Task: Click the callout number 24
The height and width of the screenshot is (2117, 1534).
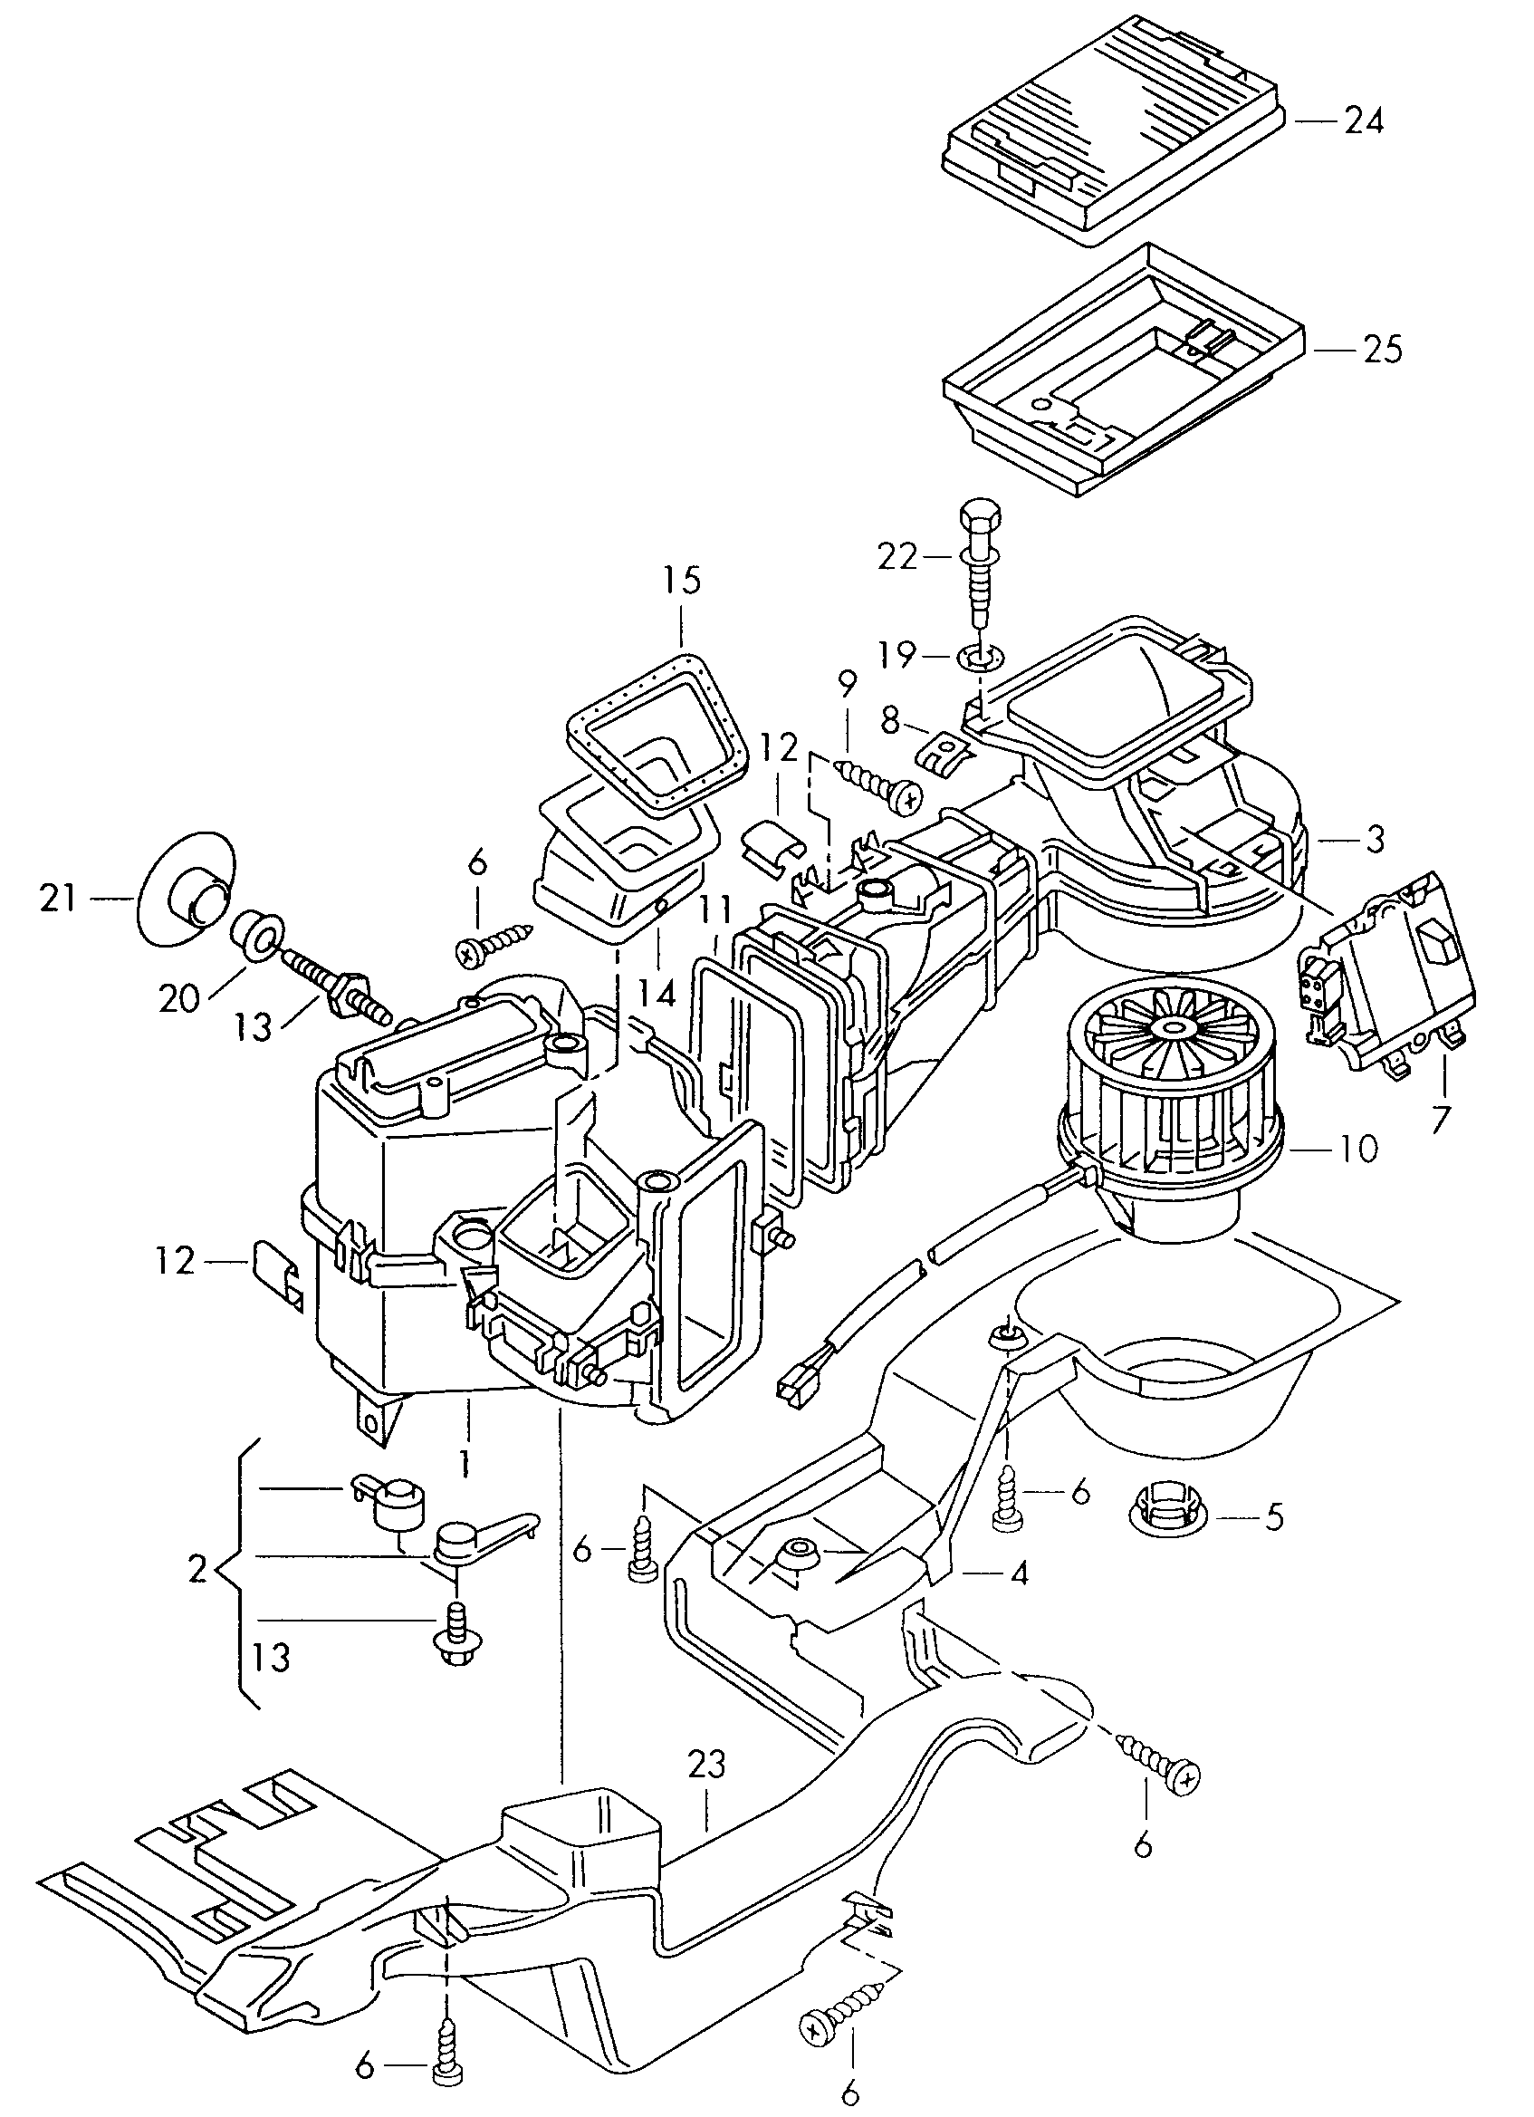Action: (1363, 121)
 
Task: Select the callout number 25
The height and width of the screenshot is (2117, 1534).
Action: (1382, 350)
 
